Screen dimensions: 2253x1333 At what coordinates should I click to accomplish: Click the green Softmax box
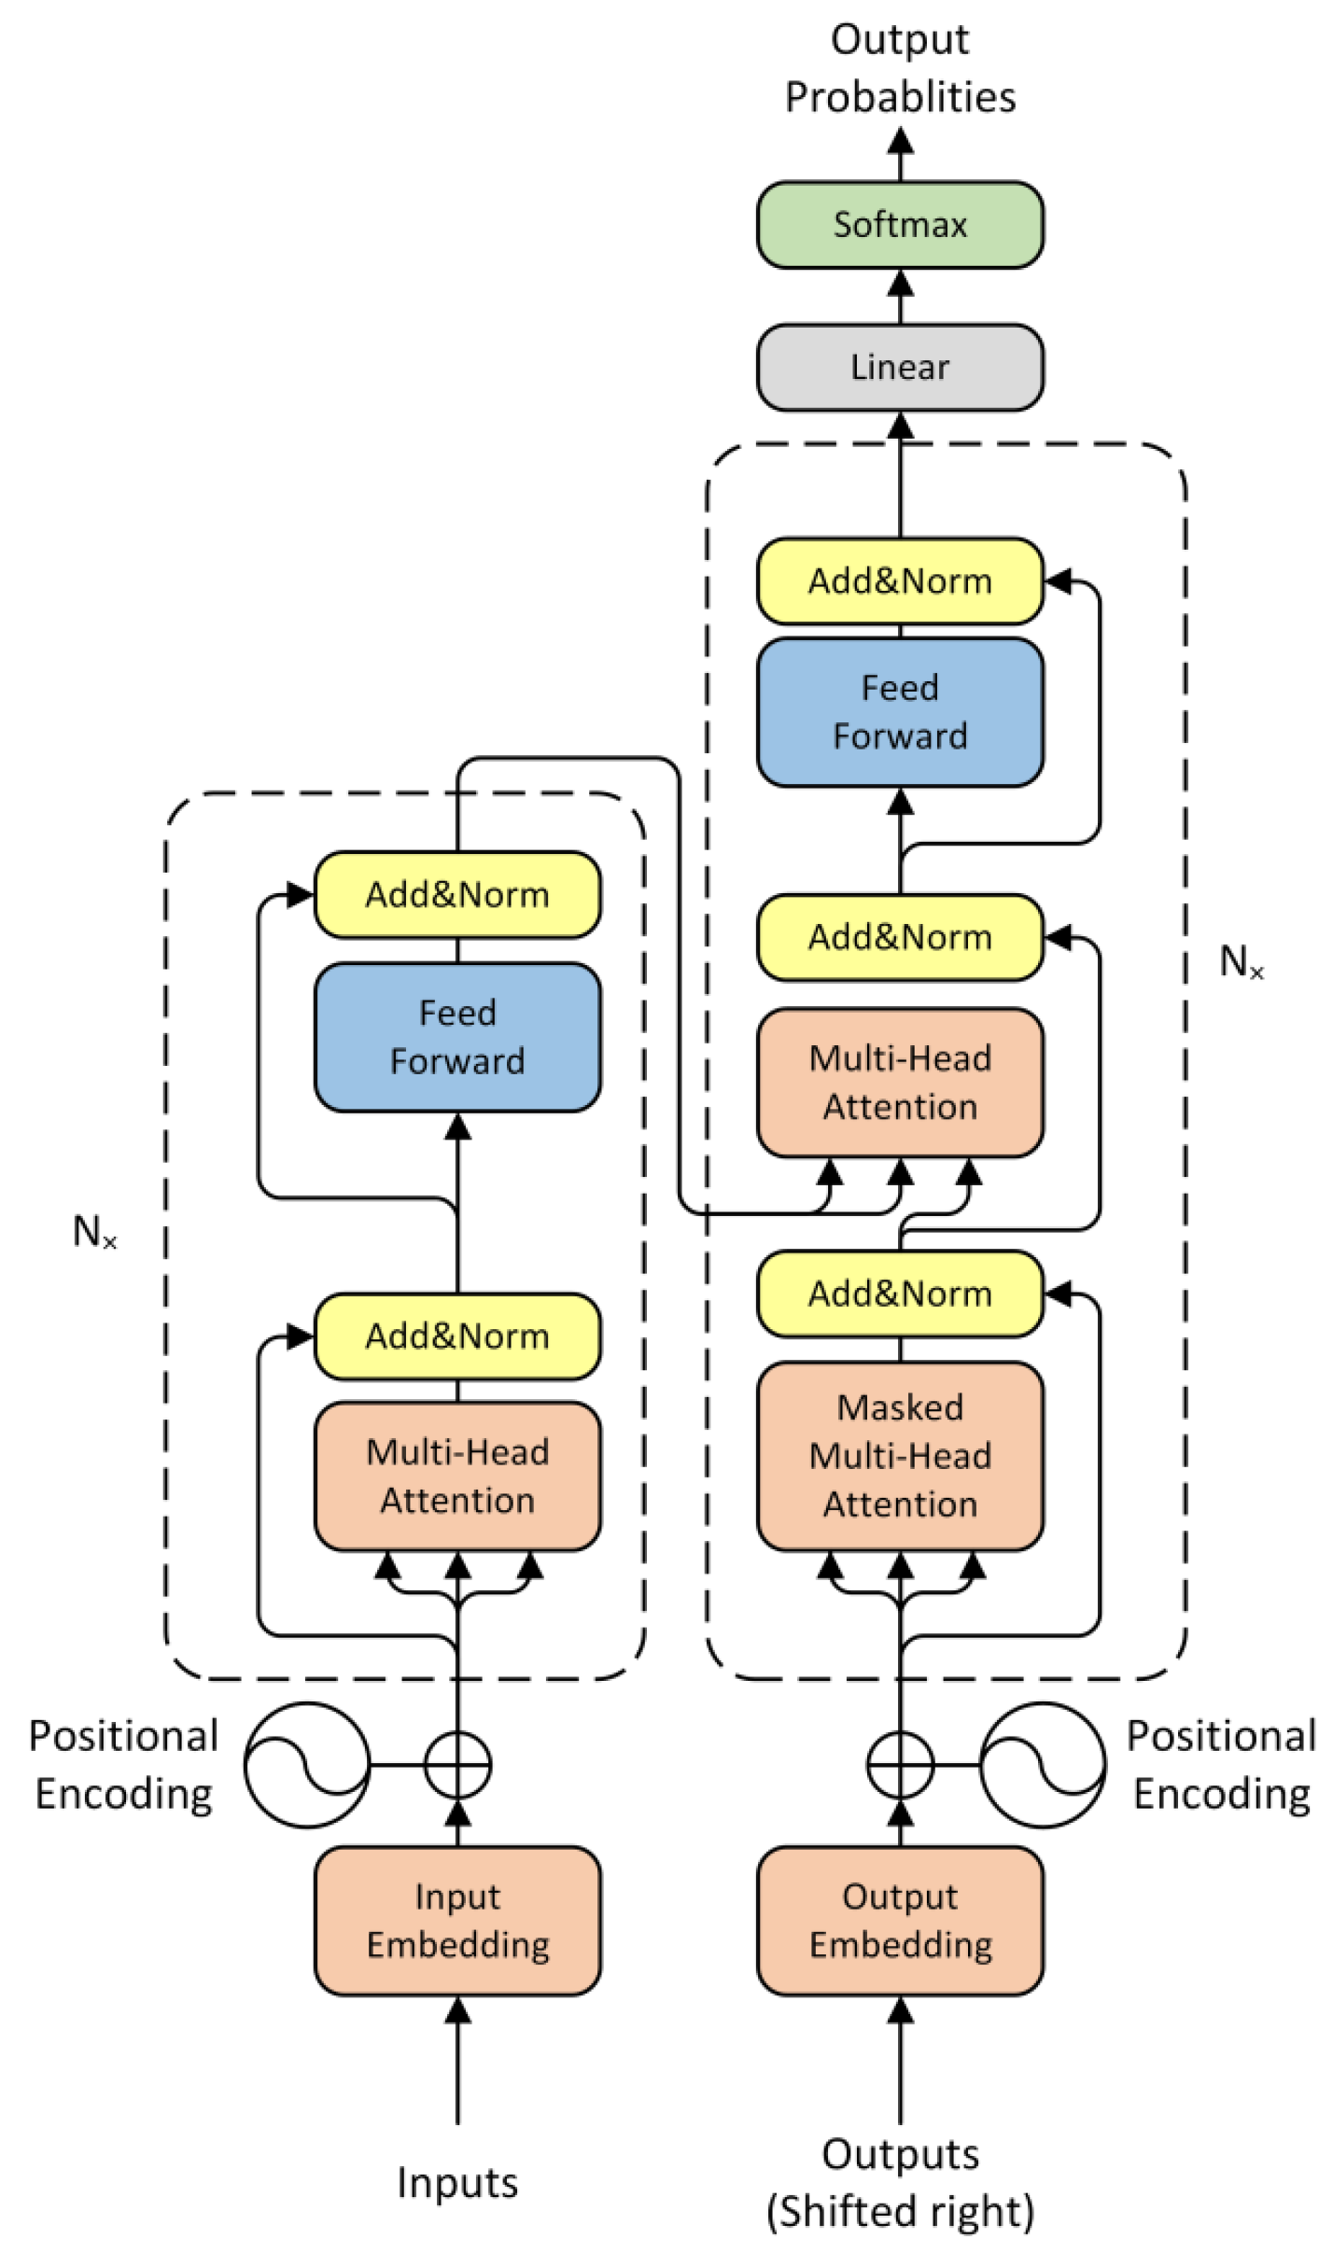[x=900, y=225]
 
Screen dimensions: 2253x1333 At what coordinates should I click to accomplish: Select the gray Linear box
[x=900, y=368]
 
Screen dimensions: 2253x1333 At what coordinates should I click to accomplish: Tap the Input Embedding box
[x=457, y=1921]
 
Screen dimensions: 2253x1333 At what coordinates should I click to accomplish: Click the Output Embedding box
[x=900, y=1921]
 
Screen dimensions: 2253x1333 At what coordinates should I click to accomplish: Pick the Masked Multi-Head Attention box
[x=900, y=1456]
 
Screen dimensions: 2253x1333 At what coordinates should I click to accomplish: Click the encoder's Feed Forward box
[x=457, y=1037]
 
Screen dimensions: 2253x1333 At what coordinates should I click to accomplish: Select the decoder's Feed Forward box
[x=900, y=712]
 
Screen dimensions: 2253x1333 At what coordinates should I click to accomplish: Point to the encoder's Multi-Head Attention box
[x=457, y=1476]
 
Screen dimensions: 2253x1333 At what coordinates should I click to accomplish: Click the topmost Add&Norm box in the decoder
[x=900, y=581]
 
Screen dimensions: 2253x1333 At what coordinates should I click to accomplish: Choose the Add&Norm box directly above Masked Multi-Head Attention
[x=900, y=1294]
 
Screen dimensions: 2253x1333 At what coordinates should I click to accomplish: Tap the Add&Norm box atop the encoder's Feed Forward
[x=457, y=894]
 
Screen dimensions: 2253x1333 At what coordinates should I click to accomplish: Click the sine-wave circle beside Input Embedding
[x=307, y=1765]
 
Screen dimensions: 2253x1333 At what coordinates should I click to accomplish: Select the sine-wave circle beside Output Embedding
[x=1043, y=1765]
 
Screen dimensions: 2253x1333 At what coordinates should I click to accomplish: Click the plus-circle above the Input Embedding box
[x=457, y=1765]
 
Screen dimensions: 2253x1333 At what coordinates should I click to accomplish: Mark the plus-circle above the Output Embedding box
[x=900, y=1765]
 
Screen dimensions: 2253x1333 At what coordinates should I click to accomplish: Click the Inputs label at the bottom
[x=457, y=2183]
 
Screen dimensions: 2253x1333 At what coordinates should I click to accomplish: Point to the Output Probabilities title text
[x=900, y=68]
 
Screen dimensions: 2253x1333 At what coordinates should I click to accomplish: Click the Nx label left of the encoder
[x=94, y=1232]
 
